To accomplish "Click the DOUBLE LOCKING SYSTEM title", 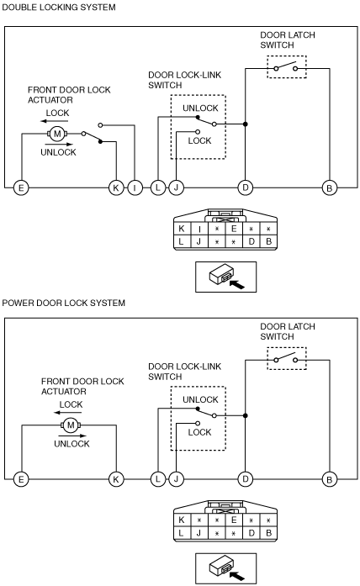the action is [59, 7].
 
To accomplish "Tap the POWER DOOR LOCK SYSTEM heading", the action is [64, 303].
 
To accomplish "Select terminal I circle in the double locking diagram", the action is [135, 187].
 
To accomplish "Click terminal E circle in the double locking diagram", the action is [21, 187].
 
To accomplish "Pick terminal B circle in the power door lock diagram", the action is [330, 479].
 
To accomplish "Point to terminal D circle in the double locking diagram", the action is [246, 187].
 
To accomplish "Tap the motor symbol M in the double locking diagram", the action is [57, 134].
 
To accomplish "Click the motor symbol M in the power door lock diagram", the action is [71, 425].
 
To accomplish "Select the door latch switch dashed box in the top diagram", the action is [287, 56].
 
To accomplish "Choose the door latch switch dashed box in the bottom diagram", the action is [287, 347].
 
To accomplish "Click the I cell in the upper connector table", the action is [199, 229].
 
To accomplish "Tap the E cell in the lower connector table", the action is [234, 520].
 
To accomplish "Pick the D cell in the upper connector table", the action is [251, 242].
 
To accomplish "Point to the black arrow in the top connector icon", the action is [237, 284].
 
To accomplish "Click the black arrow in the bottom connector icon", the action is [237, 576].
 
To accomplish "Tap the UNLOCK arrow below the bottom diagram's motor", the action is [72, 436].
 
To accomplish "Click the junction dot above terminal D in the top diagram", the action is [246, 124].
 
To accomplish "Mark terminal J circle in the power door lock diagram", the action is [176, 479].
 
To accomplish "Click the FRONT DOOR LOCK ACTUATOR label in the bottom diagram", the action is [82, 387].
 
